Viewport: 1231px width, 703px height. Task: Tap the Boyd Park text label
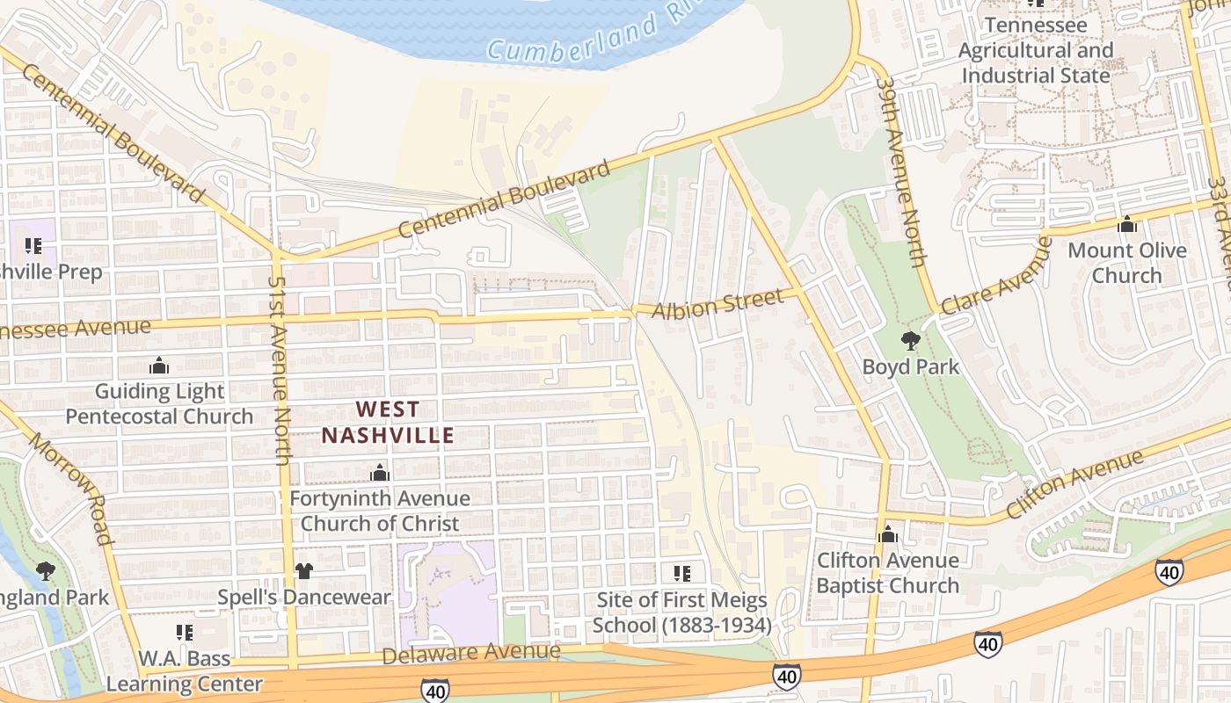pos(910,366)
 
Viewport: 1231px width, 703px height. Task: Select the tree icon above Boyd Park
pos(910,341)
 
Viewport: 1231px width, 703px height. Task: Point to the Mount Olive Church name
pos(1126,263)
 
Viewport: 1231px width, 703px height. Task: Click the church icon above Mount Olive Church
pos(1126,225)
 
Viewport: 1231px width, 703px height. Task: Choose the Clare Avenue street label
pos(996,276)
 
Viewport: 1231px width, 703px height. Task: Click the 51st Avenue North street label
pos(279,369)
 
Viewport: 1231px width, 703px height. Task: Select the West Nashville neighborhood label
pos(388,422)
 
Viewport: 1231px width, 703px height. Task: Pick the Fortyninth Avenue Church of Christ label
pos(380,511)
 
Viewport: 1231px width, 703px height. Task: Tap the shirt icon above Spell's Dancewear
pos(303,571)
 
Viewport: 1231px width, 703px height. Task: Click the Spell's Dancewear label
pos(304,598)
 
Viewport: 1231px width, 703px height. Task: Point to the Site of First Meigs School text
pos(681,612)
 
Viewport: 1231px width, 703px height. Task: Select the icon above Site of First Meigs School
pos(681,574)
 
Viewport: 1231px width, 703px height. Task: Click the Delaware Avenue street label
pos(471,653)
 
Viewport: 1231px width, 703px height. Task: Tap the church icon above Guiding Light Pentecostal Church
pos(159,366)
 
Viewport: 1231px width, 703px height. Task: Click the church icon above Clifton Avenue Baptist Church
pos(887,534)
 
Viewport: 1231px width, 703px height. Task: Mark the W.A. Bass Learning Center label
pos(185,671)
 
